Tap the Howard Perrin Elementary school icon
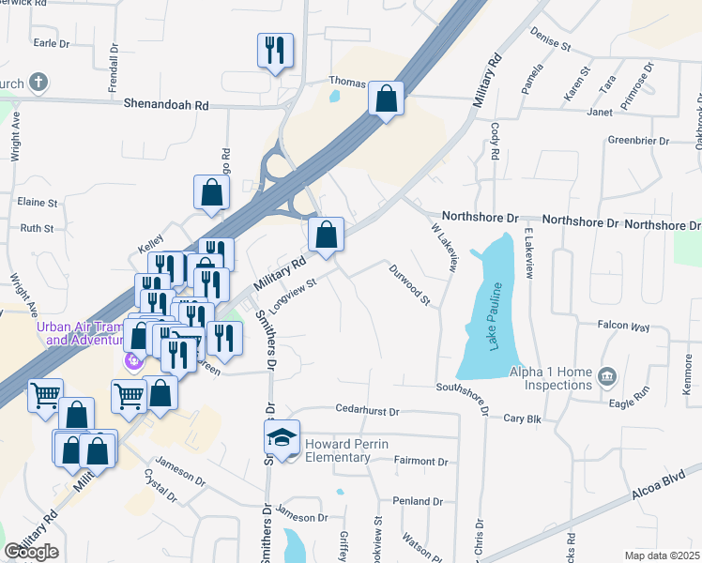282,437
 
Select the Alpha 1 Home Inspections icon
606,376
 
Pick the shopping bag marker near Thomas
386,98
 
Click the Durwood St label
410,285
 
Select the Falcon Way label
623,327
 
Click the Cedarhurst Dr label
368,411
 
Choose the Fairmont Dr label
421,462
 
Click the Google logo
32,552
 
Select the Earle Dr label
52,43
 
